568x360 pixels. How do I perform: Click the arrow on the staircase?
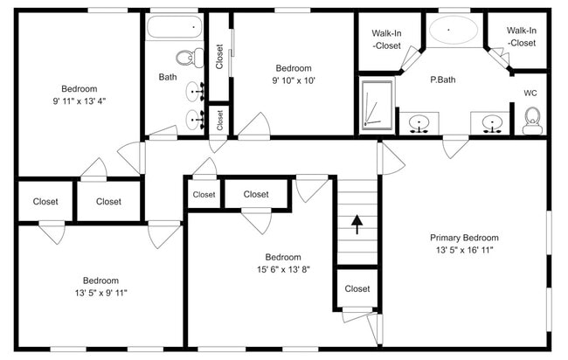[x=357, y=225]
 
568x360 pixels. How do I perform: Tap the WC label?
[x=530, y=93]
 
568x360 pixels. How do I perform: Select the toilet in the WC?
[x=532, y=121]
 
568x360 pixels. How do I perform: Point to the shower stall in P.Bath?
[x=378, y=105]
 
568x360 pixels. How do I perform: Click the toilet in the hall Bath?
[x=190, y=58]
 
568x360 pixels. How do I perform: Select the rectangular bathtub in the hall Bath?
[x=174, y=27]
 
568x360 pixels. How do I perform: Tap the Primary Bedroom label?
[x=464, y=238]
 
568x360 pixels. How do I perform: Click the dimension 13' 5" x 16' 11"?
[x=464, y=250]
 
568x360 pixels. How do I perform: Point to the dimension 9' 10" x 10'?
[x=294, y=80]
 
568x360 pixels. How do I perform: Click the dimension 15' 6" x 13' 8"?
[x=283, y=269]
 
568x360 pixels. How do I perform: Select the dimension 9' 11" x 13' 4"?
[x=80, y=101]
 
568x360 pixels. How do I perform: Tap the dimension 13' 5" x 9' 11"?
[x=101, y=293]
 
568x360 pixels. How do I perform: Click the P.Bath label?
[x=443, y=80]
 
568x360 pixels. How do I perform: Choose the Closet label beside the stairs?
[x=357, y=288]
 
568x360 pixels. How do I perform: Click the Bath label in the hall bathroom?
[x=168, y=77]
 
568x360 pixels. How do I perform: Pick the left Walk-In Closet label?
[x=386, y=39]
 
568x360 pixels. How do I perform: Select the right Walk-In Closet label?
[x=522, y=37]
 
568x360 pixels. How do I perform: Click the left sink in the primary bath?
[x=419, y=124]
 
